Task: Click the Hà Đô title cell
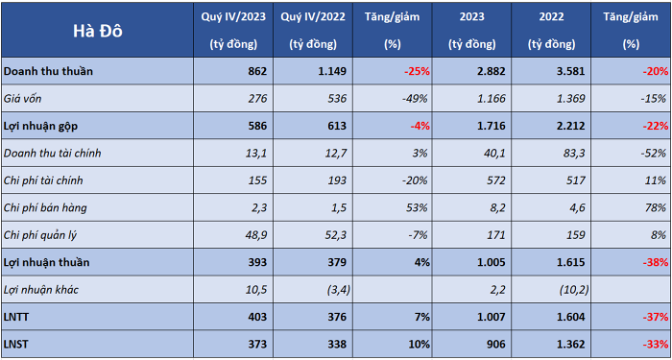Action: (98, 31)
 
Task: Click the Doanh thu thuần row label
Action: (48, 71)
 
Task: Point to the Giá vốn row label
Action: (23, 99)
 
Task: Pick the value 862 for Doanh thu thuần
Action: (257, 71)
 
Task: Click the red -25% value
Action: (417, 71)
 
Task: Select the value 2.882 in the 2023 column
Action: (492, 71)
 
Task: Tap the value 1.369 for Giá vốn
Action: (571, 99)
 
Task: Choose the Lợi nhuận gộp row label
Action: (41, 126)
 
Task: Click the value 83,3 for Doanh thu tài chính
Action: (575, 153)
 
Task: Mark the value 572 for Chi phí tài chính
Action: (497, 180)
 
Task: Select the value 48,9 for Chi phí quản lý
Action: (257, 235)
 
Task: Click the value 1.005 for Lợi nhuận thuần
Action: (492, 262)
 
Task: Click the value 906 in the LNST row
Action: (497, 344)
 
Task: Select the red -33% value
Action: (655, 344)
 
